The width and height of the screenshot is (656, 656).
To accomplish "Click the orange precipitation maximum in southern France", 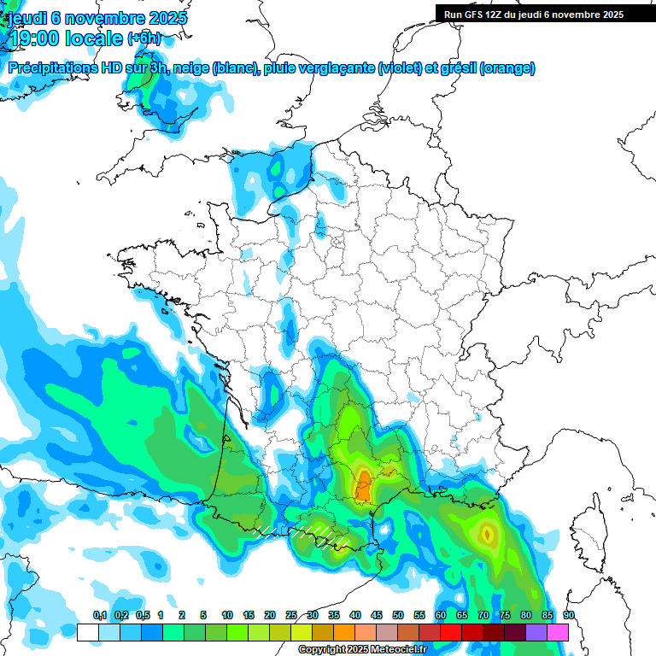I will [363, 484].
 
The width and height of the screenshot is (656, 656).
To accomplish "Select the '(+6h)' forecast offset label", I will [144, 39].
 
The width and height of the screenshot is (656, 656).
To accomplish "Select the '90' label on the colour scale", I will [568, 615].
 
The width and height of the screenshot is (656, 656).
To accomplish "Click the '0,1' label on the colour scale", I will [100, 615].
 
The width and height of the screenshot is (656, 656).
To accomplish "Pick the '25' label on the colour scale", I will [291, 615].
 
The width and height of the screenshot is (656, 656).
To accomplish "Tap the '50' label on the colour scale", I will [398, 615].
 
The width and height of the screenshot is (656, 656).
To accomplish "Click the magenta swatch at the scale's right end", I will [558, 632].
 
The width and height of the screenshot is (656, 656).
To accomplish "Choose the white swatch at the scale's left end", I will [87, 632].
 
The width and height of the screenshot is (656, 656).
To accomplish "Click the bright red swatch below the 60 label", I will [451, 632].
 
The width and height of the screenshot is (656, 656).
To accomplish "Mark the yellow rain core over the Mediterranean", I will [487, 535].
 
